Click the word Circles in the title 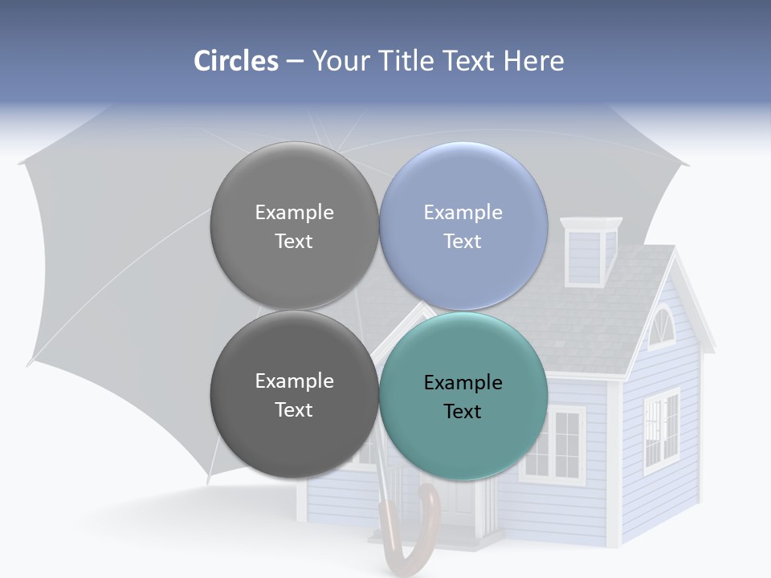pyautogui.click(x=235, y=61)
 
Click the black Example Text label pyautogui.click(x=463, y=397)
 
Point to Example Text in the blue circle pyautogui.click(x=463, y=226)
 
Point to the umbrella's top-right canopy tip pyautogui.click(x=687, y=165)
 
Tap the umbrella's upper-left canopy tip pyautogui.click(x=21, y=163)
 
